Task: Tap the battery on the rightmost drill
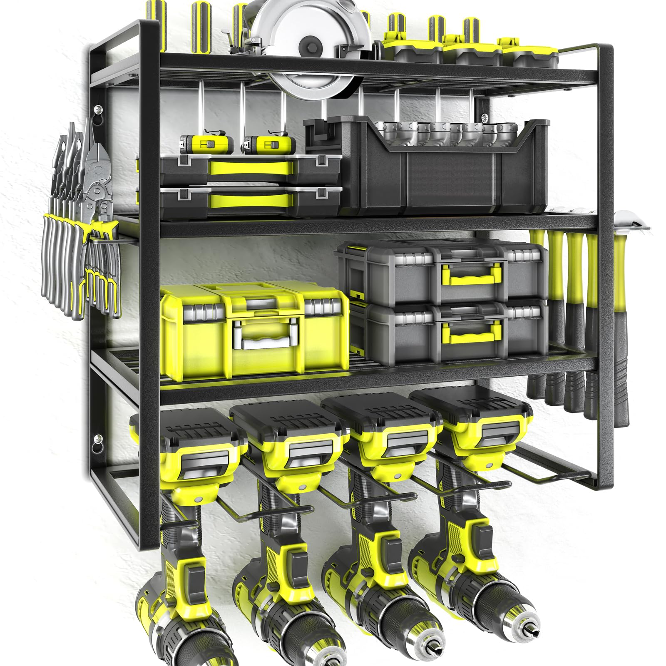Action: click(470, 410)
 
